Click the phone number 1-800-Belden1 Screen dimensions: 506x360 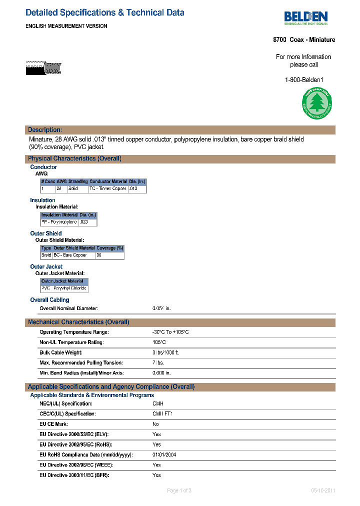click(x=304, y=80)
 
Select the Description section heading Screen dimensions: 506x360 click(x=45, y=130)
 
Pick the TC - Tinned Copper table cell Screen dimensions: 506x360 click(x=108, y=189)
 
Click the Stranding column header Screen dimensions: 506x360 click(x=78, y=181)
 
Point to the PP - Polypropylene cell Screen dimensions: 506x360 click(x=59, y=222)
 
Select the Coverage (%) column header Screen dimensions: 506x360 click(x=109, y=248)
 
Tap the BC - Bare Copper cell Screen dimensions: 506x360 click(x=70, y=255)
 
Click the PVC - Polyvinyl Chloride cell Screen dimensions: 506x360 click(x=64, y=288)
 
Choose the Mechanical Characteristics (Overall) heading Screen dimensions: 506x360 click(x=78, y=322)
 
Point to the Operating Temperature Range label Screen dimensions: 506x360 click(x=74, y=332)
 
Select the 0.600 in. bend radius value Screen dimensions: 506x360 click(x=161, y=373)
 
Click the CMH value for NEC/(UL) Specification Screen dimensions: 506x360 click(x=158, y=403)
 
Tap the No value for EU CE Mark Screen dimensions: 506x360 click(x=156, y=424)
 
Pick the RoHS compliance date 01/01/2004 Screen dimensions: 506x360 click(x=164, y=454)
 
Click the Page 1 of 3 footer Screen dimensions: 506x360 click(x=179, y=490)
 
